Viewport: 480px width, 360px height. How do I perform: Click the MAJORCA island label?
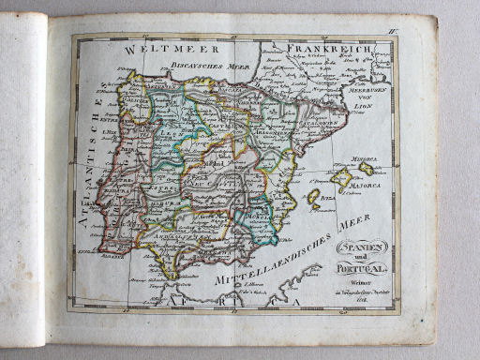[x=364, y=185]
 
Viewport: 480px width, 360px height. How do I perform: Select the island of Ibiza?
[x=313, y=197]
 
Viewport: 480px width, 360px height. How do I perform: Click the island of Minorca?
[x=366, y=168]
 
